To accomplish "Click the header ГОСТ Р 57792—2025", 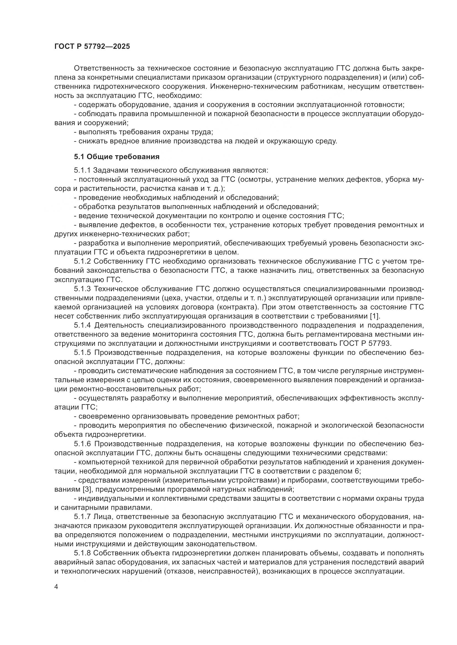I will coord(92,47).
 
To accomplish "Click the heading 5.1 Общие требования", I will coord(117,157).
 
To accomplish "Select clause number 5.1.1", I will coord(82,170).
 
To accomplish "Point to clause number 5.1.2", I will coord(82,261).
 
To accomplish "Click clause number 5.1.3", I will coord(82,289).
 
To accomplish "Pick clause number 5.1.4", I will coord(82,325).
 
